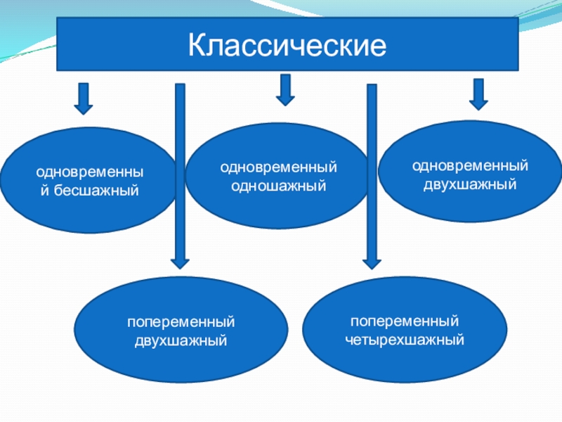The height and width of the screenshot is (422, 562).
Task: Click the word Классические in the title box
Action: point(288,46)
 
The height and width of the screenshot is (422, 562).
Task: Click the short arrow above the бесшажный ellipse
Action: point(84,98)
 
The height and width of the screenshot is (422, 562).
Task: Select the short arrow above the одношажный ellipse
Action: point(285,90)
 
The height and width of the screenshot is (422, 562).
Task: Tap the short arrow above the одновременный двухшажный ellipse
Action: point(479,94)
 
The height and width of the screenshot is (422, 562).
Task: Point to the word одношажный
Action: point(279,186)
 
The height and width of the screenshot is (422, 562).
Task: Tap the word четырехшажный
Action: point(405,340)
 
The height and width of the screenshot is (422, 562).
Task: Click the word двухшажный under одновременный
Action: point(470,185)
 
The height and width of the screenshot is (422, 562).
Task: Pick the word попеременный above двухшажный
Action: point(181,322)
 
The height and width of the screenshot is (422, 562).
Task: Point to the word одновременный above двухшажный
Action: point(470,167)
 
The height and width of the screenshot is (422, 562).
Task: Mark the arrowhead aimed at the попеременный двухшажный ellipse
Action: point(181,262)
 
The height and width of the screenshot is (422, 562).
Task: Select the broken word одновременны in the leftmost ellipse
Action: point(88,173)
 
